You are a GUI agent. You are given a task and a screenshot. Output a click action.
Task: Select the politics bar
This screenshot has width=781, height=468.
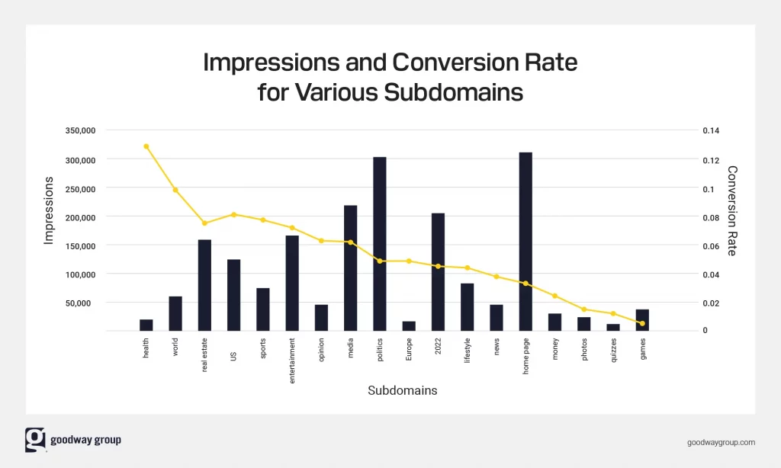pyautogui.click(x=379, y=244)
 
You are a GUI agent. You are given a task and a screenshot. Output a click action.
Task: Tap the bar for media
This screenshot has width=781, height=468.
pyautogui.click(x=350, y=268)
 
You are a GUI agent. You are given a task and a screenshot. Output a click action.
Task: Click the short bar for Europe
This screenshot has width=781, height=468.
pyautogui.click(x=409, y=326)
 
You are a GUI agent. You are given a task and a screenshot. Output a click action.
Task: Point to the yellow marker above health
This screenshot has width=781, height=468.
pyautogui.click(x=146, y=146)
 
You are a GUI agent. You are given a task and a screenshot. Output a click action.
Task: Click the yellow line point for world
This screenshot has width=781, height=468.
pyautogui.click(x=175, y=190)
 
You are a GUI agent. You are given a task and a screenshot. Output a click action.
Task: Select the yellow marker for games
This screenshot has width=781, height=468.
pyautogui.click(x=642, y=323)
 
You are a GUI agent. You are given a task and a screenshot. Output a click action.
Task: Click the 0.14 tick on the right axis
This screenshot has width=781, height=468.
pyautogui.click(x=711, y=131)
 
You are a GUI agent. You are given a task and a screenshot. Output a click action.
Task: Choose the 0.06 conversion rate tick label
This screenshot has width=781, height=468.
pyautogui.click(x=711, y=246)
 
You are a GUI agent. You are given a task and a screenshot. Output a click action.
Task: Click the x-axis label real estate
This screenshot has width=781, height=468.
pyautogui.click(x=204, y=353)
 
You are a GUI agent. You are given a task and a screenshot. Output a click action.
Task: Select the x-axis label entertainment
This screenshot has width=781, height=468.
pyautogui.click(x=292, y=360)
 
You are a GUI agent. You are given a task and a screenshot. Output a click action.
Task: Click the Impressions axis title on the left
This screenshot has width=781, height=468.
pyautogui.click(x=49, y=210)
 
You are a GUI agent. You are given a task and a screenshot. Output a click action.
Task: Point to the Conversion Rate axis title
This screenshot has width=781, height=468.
pyautogui.click(x=732, y=210)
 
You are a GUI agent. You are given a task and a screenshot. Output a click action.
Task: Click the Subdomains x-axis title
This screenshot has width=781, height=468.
pyautogui.click(x=403, y=390)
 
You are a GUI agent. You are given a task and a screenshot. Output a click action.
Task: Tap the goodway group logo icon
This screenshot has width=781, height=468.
pyautogui.click(x=35, y=440)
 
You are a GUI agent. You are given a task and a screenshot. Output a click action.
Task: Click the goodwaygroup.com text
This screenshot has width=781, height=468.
pyautogui.click(x=721, y=442)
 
